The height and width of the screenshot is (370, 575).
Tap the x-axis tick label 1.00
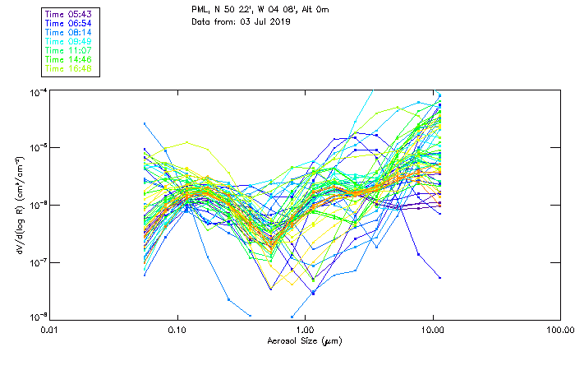point(305,330)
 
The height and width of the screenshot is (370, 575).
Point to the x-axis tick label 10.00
point(432,330)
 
